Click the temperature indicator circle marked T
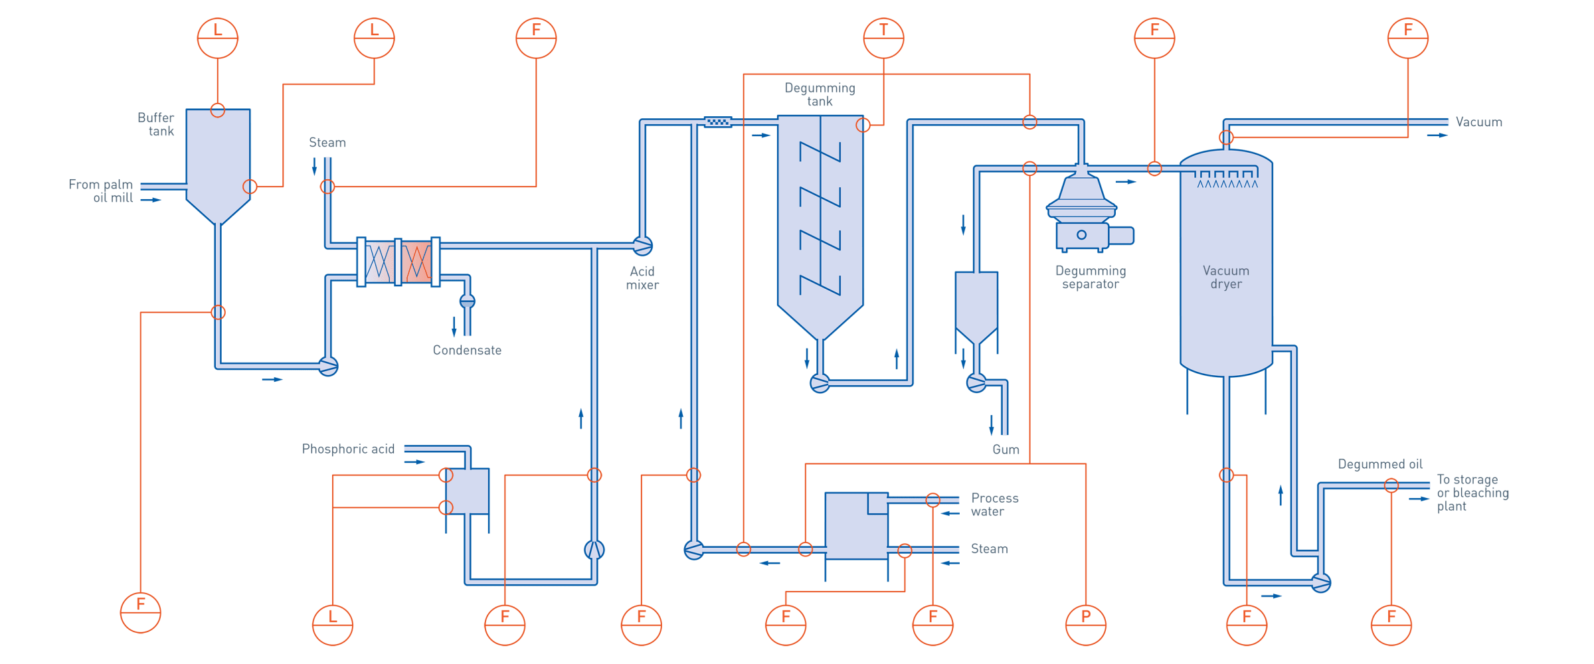[883, 38]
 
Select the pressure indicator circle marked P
[1085, 625]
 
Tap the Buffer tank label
[156, 125]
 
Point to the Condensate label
[467, 350]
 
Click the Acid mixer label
[642, 278]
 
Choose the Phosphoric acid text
[348, 450]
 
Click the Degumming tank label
[820, 94]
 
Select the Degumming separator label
[1090, 278]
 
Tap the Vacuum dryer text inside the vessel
[1226, 278]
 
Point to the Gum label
[1006, 450]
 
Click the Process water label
[994, 505]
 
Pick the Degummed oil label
[1380, 463]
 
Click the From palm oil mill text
[102, 191]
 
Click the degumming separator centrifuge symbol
[1083, 212]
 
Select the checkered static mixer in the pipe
[717, 122]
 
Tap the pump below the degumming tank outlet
[820, 383]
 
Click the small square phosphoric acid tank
[467, 491]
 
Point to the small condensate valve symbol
[468, 301]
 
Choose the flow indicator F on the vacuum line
[1407, 38]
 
